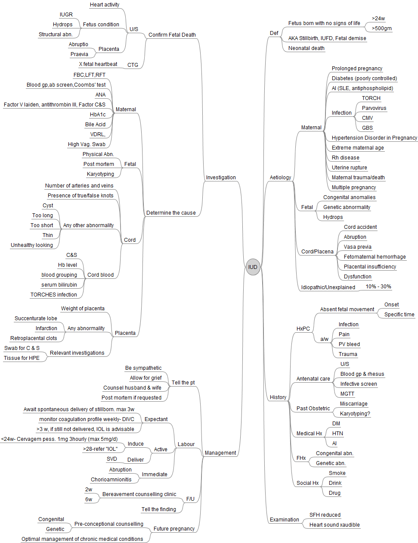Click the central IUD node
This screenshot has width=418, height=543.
click(x=253, y=267)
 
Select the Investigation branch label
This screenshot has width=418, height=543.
click(x=221, y=178)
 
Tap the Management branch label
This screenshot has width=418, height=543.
click(x=220, y=453)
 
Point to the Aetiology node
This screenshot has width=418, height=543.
click(x=280, y=178)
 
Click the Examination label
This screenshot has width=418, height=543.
click(x=284, y=520)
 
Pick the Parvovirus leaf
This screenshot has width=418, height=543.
click(x=374, y=108)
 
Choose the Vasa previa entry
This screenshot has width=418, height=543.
click(x=357, y=247)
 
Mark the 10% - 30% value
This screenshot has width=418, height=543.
click(x=378, y=287)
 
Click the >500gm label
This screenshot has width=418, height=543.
click(x=382, y=28)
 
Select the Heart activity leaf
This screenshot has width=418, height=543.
click(x=105, y=5)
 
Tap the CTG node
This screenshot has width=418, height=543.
click(x=133, y=65)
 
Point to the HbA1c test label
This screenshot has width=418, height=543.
click(x=98, y=115)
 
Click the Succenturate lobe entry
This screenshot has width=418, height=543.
click(x=36, y=318)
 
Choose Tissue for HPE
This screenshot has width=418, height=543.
click(x=22, y=358)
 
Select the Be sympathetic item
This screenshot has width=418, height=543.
click(x=143, y=368)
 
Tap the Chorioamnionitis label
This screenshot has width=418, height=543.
click(x=111, y=480)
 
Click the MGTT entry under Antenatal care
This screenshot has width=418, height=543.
click(x=347, y=394)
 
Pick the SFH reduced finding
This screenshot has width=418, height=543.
click(x=325, y=515)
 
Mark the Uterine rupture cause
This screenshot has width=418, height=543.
click(x=349, y=168)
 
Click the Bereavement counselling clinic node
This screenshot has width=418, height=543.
click(x=139, y=494)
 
